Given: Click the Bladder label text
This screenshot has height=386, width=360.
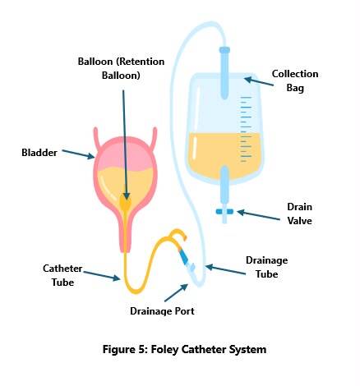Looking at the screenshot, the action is tap(39, 153).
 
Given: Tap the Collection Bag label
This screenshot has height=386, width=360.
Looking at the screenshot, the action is tap(295, 80).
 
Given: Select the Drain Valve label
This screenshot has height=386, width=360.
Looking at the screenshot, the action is tap(299, 214).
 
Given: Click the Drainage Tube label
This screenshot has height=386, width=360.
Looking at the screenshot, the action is tap(266, 267).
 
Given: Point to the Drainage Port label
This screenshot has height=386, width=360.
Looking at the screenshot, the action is tap(162, 311).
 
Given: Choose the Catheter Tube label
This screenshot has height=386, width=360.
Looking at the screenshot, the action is tap(62, 275).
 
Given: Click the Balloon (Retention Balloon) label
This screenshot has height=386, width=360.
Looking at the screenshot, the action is tap(121, 68).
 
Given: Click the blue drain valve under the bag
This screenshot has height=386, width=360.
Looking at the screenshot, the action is tap(224, 212).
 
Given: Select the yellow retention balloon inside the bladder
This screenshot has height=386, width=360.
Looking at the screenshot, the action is tap(126, 203).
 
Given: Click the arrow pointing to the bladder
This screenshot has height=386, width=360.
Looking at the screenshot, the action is tap(78, 154).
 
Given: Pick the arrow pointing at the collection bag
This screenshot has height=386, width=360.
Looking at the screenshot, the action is tap(259, 81).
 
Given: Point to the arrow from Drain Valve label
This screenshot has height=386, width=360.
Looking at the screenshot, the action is tap(259, 215).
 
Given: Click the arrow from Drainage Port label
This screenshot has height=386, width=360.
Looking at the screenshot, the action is tap(176, 293).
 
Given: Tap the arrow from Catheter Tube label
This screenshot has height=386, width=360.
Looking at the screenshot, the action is tap(102, 276).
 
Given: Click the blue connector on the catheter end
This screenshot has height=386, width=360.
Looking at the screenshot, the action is tap(184, 257).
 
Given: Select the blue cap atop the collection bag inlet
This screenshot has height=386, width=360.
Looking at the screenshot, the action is tap(224, 50).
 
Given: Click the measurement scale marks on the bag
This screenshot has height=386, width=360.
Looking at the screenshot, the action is tap(246, 129).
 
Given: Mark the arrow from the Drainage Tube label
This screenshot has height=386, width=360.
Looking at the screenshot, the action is tap(225, 269).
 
